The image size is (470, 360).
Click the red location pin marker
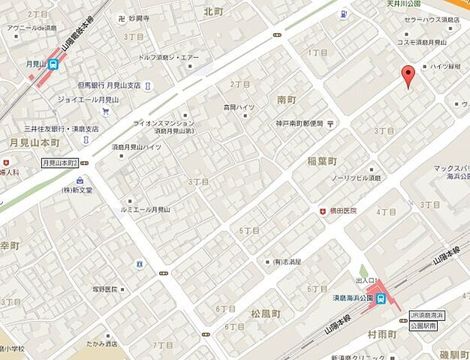point(408,76)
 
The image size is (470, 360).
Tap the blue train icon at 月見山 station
point(53,65)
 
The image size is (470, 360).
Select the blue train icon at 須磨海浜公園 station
point(381,299)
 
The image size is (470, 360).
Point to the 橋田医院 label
point(343,211)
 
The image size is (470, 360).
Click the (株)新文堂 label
point(77,190)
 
